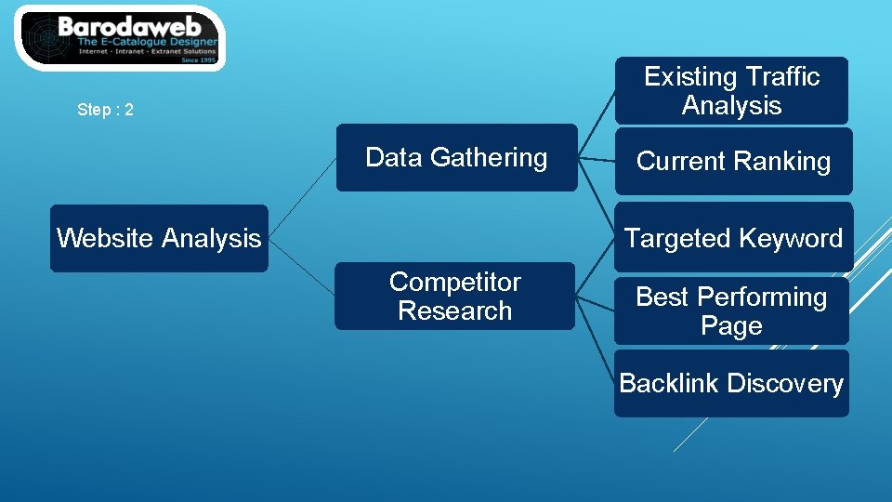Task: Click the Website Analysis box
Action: click(159, 238)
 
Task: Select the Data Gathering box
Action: click(456, 158)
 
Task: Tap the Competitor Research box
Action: click(454, 297)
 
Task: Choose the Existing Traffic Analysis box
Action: click(731, 90)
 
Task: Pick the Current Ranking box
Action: click(733, 162)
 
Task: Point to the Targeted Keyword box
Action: click(733, 238)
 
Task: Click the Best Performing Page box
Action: click(731, 311)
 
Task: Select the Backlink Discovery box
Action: click(731, 383)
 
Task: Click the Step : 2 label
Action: click(106, 110)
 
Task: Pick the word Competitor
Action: click(454, 282)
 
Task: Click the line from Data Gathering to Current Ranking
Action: click(597, 160)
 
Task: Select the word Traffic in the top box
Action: click(775, 76)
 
